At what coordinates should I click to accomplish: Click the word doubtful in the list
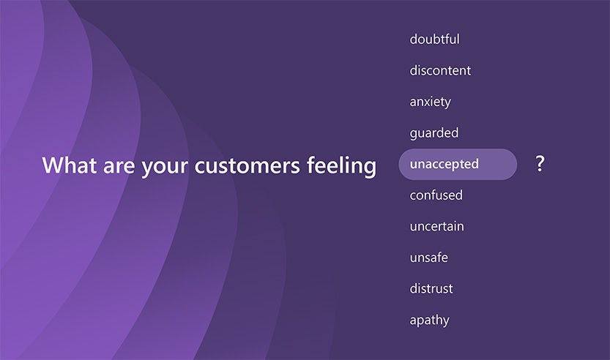coord(434,39)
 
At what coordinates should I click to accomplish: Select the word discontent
coord(440,70)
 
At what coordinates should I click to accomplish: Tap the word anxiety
coord(431,102)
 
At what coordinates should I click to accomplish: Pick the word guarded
coord(434,133)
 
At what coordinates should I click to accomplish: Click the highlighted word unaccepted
coord(444,164)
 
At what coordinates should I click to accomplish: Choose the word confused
coord(436,195)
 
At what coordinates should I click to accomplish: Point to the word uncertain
coord(436,226)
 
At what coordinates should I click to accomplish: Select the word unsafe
coord(428,258)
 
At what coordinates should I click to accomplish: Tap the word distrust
coord(431,288)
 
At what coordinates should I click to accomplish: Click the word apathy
coord(429,320)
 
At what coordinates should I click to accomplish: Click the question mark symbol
coord(540,164)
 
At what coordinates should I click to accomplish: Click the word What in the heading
coord(70,165)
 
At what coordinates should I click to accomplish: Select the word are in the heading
coord(119,166)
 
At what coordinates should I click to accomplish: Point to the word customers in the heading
coord(247,166)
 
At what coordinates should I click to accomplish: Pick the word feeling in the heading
coord(341,166)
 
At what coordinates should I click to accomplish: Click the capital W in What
coord(53,165)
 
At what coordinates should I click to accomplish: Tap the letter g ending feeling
coord(371,169)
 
